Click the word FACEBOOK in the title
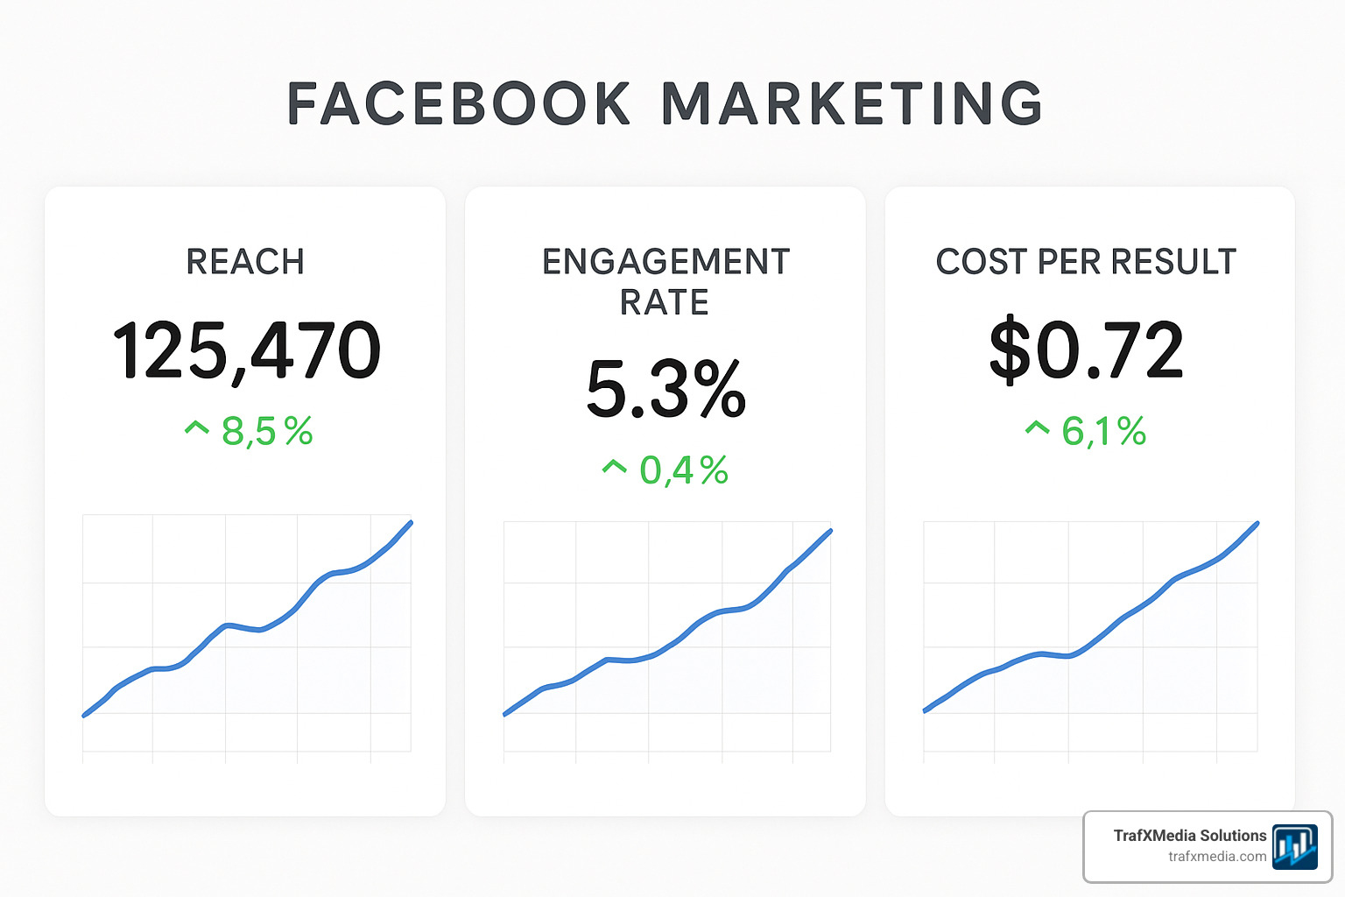click(x=459, y=103)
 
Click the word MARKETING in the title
click(x=852, y=103)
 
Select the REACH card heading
click(x=245, y=262)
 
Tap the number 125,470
click(x=247, y=350)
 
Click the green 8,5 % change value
click(x=267, y=431)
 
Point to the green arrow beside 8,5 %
click(x=197, y=427)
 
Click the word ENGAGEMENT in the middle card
click(x=665, y=262)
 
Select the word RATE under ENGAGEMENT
click(x=665, y=303)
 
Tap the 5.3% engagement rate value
click(x=665, y=389)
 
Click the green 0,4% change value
click(x=684, y=470)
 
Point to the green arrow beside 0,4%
click(x=615, y=467)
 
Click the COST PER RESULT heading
click(x=1086, y=262)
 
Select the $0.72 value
click(x=1087, y=350)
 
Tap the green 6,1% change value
click(x=1104, y=431)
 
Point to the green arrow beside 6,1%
click(x=1037, y=427)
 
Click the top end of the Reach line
click(x=411, y=523)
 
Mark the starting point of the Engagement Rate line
click(x=505, y=714)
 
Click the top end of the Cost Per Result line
click(x=1257, y=524)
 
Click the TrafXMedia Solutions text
click(x=1190, y=836)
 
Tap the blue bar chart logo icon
click(x=1295, y=846)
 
